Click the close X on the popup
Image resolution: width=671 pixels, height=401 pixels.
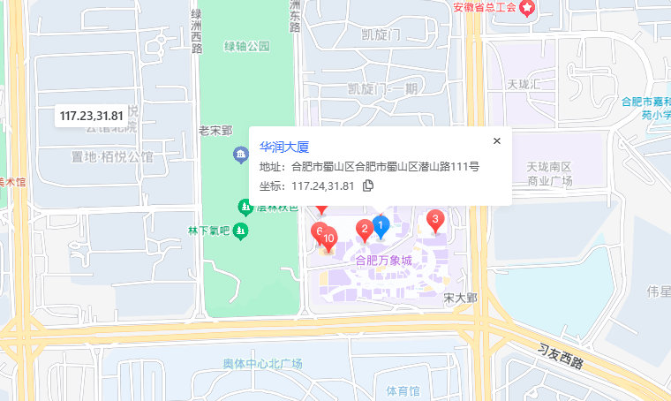click(x=496, y=140)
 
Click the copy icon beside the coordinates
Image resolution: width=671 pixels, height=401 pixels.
click(x=368, y=185)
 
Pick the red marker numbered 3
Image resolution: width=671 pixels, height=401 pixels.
click(x=434, y=220)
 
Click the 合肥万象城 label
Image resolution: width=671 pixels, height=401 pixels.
click(x=383, y=261)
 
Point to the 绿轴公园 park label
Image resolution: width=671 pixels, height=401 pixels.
click(x=246, y=46)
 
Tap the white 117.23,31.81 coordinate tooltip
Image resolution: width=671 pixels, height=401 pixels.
click(x=91, y=116)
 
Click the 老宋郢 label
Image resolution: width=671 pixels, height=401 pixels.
click(x=215, y=131)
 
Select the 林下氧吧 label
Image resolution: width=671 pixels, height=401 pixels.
click(x=208, y=231)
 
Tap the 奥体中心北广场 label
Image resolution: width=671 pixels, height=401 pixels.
click(x=262, y=364)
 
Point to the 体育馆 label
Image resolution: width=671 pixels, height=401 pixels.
click(x=403, y=390)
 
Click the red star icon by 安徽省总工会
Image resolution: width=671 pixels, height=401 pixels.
click(x=527, y=8)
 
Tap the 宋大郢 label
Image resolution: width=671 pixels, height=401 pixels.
click(x=460, y=298)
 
